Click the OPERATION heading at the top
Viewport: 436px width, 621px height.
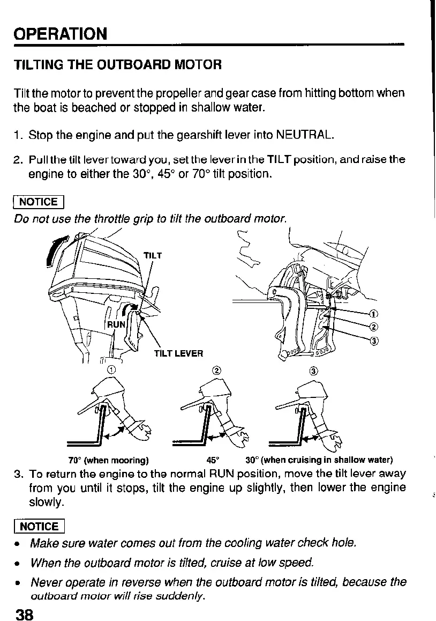coord(61,34)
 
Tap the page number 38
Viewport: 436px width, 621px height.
coord(25,613)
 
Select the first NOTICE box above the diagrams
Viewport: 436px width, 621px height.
coord(39,202)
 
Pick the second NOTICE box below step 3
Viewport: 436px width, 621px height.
coord(39,526)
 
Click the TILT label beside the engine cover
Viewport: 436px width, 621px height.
coord(153,255)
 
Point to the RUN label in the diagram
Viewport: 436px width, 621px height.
coord(116,324)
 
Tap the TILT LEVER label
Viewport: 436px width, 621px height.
coord(178,353)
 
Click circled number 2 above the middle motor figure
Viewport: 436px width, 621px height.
coord(216,370)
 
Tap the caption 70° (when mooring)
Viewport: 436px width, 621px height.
coord(109,460)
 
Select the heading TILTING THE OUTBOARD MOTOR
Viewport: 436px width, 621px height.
coord(117,65)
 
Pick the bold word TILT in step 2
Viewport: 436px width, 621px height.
coord(278,160)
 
